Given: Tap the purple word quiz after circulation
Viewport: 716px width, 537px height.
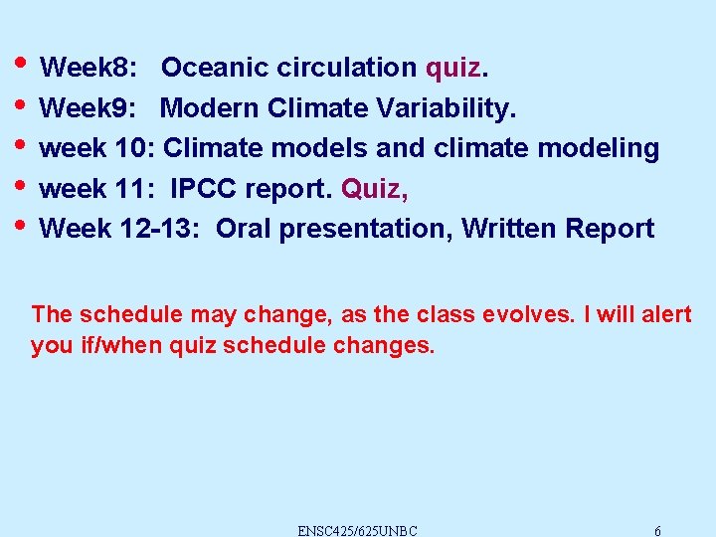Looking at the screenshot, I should [453, 68].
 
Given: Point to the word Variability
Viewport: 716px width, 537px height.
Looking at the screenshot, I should [468, 107].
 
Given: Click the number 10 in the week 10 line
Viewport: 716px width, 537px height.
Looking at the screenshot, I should [134, 148].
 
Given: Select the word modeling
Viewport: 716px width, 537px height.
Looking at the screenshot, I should [598, 148].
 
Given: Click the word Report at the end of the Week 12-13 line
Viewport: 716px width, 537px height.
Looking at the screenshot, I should [610, 229].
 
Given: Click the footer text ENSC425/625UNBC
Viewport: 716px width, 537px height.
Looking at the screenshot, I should [357, 530].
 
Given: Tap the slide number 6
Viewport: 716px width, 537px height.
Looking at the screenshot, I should [658, 530].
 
